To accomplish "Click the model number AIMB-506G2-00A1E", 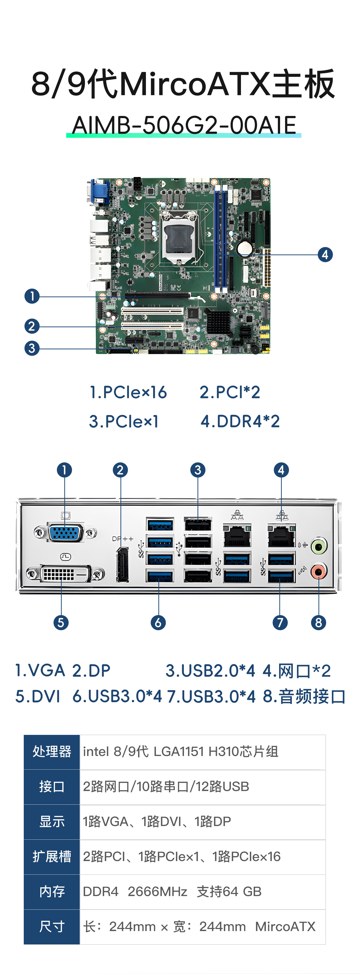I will pos(184,125).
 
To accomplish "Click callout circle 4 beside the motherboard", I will pos(325,254).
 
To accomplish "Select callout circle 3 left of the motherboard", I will pos(32,348).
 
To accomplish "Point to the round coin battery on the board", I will pos(245,249).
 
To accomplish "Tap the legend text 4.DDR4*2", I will pos(240,421).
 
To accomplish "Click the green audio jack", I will pos(318,546).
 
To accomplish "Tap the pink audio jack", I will pos(318,571).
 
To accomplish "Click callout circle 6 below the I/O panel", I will pos(158,622).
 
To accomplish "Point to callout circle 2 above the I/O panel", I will pos(120,470).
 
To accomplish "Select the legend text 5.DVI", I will pos(38,696).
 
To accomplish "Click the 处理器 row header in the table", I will pos(52,752).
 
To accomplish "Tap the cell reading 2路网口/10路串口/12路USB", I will pos(166,786).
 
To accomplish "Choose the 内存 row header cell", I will pos(52,892).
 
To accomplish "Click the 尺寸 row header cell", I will pos(52,926).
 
